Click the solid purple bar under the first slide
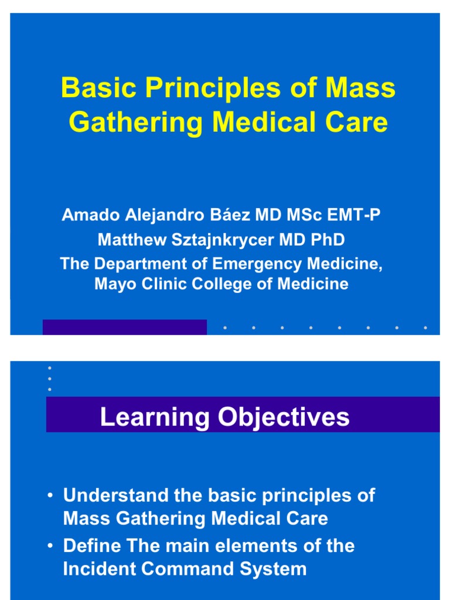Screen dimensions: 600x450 (x=124, y=327)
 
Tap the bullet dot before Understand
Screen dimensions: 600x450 (x=52, y=496)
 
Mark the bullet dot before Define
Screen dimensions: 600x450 (x=52, y=546)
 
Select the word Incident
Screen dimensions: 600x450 (x=97, y=569)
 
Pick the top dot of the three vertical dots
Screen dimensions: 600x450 (x=50, y=368)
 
